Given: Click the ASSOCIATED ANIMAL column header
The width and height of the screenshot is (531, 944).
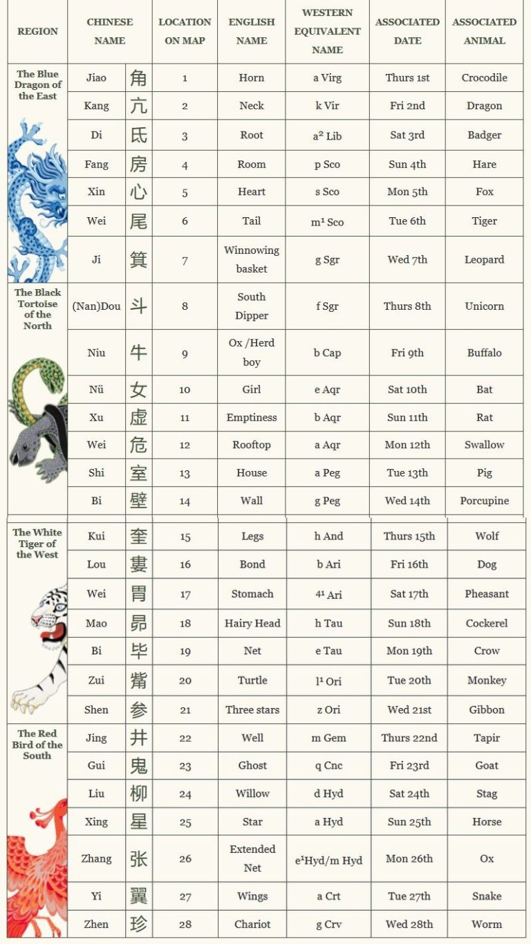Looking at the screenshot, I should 484,31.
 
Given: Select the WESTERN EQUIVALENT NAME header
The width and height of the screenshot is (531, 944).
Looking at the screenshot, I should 327,31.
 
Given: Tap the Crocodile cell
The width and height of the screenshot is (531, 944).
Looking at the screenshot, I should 484,77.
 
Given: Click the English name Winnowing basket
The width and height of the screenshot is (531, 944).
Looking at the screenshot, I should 252,259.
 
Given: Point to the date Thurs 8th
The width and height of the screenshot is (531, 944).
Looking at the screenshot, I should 407,306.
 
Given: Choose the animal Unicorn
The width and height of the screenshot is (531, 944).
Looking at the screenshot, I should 484,306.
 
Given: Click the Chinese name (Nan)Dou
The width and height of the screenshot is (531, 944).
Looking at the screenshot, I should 96,306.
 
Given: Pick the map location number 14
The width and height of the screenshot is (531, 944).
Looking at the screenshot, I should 185,501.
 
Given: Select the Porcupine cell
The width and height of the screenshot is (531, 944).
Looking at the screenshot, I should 484,501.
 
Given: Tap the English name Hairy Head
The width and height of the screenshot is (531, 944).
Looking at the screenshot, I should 252,623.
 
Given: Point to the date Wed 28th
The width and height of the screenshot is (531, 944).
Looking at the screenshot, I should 409,924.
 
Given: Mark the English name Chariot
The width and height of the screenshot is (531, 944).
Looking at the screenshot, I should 252,924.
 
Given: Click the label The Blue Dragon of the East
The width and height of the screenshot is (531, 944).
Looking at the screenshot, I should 38,85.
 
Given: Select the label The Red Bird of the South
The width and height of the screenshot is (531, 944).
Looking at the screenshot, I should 37,745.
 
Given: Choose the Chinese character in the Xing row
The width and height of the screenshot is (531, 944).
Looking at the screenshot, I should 139,822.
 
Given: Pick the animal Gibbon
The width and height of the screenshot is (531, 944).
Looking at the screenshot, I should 487,710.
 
